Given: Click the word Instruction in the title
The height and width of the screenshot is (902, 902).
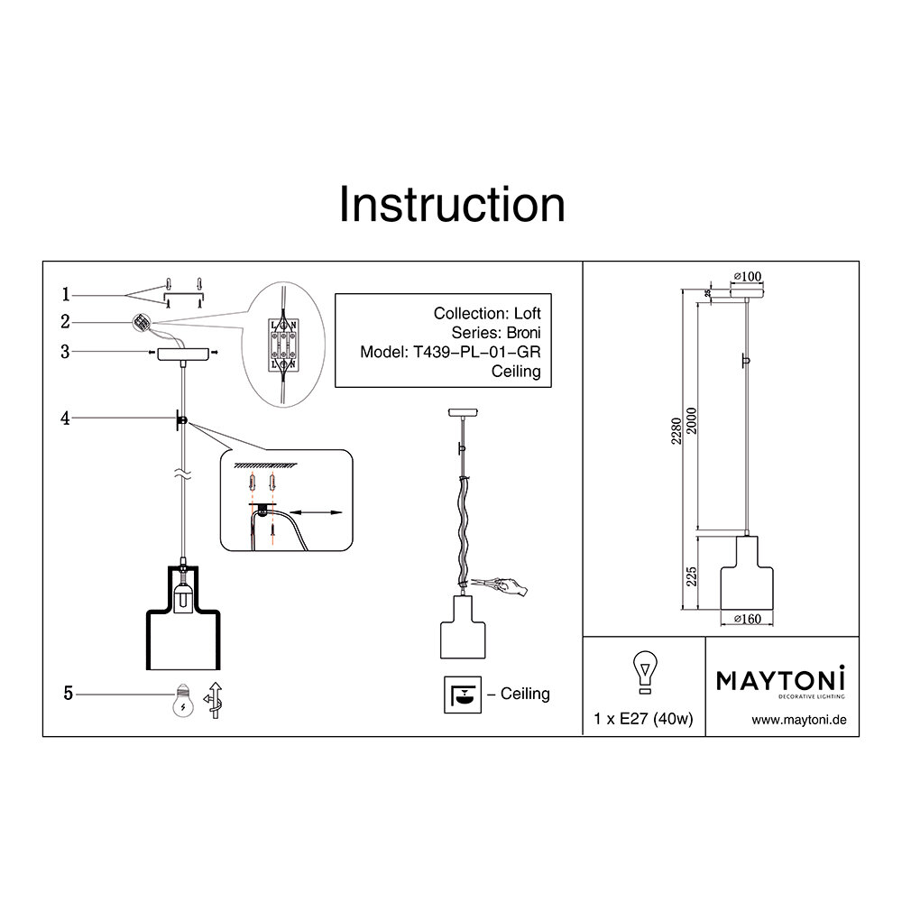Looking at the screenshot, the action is tap(451, 205).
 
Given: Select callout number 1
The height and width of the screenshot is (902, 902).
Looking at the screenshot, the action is tap(66, 294).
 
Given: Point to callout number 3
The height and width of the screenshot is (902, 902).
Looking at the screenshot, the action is tap(66, 353).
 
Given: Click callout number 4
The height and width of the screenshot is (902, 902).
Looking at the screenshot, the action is tap(66, 419).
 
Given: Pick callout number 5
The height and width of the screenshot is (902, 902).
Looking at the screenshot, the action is tap(69, 693).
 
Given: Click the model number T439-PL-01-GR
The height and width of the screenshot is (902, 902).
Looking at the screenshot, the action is tap(475, 353).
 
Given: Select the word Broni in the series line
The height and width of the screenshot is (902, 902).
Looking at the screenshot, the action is tap(521, 333).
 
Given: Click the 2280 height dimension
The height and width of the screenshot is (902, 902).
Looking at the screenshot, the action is tap(690, 437).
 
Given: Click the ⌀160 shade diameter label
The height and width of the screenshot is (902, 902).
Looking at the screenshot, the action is tap(748, 619).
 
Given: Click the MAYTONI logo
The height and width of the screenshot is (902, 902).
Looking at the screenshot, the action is tap(781, 680).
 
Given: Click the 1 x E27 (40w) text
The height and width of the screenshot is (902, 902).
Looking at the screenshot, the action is tap(643, 720).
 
